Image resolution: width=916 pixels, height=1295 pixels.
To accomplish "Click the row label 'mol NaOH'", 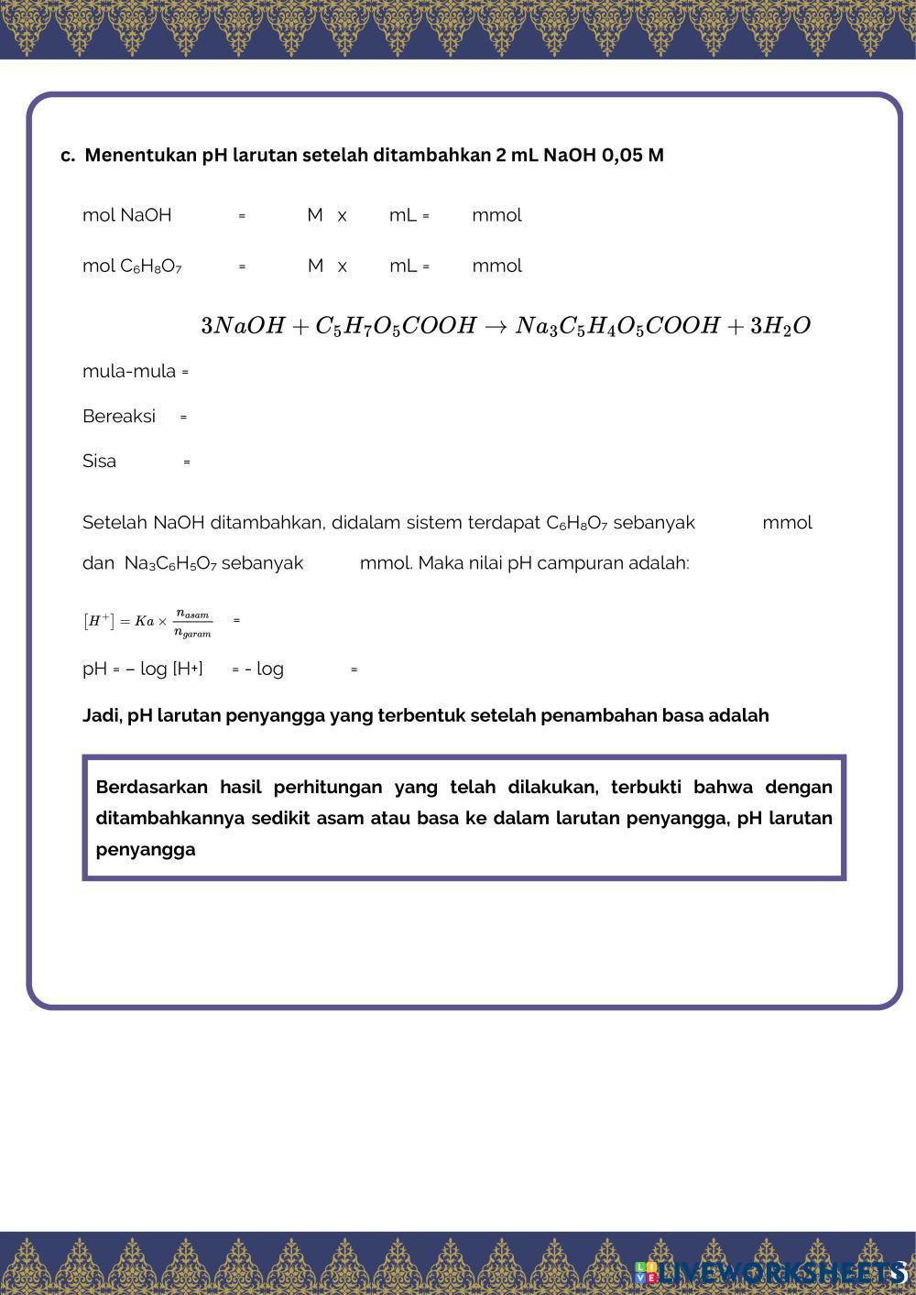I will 126,215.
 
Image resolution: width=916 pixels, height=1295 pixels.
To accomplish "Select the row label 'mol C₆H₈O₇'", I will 132,266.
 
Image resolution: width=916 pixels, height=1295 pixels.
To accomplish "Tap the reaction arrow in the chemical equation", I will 496,326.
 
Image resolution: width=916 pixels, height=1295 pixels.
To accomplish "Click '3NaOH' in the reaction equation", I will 243,326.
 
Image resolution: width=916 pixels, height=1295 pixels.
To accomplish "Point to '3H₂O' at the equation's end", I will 780,326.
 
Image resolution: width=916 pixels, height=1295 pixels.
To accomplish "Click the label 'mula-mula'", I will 128,371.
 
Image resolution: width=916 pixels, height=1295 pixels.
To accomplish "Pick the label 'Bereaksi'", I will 118,416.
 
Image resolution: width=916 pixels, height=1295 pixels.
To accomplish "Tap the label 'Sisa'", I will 99,461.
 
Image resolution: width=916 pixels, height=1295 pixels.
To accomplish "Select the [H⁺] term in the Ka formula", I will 98,621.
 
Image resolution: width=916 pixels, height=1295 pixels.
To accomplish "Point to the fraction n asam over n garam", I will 192,623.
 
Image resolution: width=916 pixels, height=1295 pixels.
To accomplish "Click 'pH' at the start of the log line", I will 94,669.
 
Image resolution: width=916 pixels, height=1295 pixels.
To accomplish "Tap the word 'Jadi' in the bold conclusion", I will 101,715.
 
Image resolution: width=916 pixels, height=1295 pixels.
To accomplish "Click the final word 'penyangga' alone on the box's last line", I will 145,849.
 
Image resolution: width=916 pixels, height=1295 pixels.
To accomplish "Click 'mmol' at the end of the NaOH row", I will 496,215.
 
